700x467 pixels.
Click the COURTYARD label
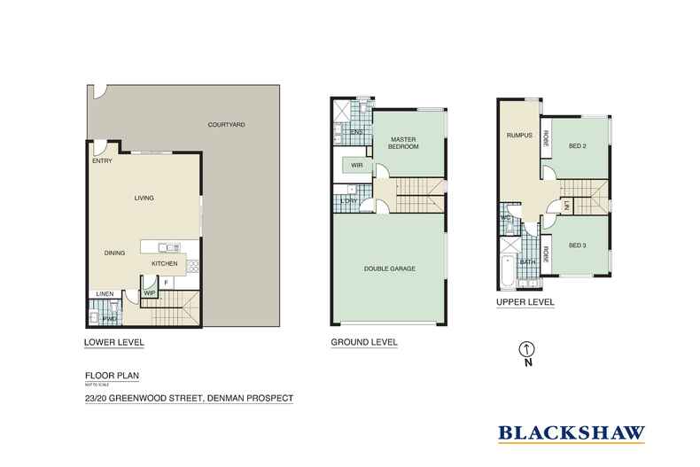(226, 125)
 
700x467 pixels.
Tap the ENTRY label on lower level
(101, 161)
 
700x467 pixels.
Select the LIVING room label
(145, 198)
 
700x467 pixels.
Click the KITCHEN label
(164, 263)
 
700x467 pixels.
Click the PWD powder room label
(111, 318)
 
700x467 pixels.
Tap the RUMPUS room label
(518, 136)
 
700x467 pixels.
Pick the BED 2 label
(578, 145)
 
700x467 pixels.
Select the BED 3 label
(578, 245)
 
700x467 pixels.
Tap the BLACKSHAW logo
(571, 434)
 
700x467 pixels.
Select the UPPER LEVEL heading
(525, 302)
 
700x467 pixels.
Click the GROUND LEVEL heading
(363, 342)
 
